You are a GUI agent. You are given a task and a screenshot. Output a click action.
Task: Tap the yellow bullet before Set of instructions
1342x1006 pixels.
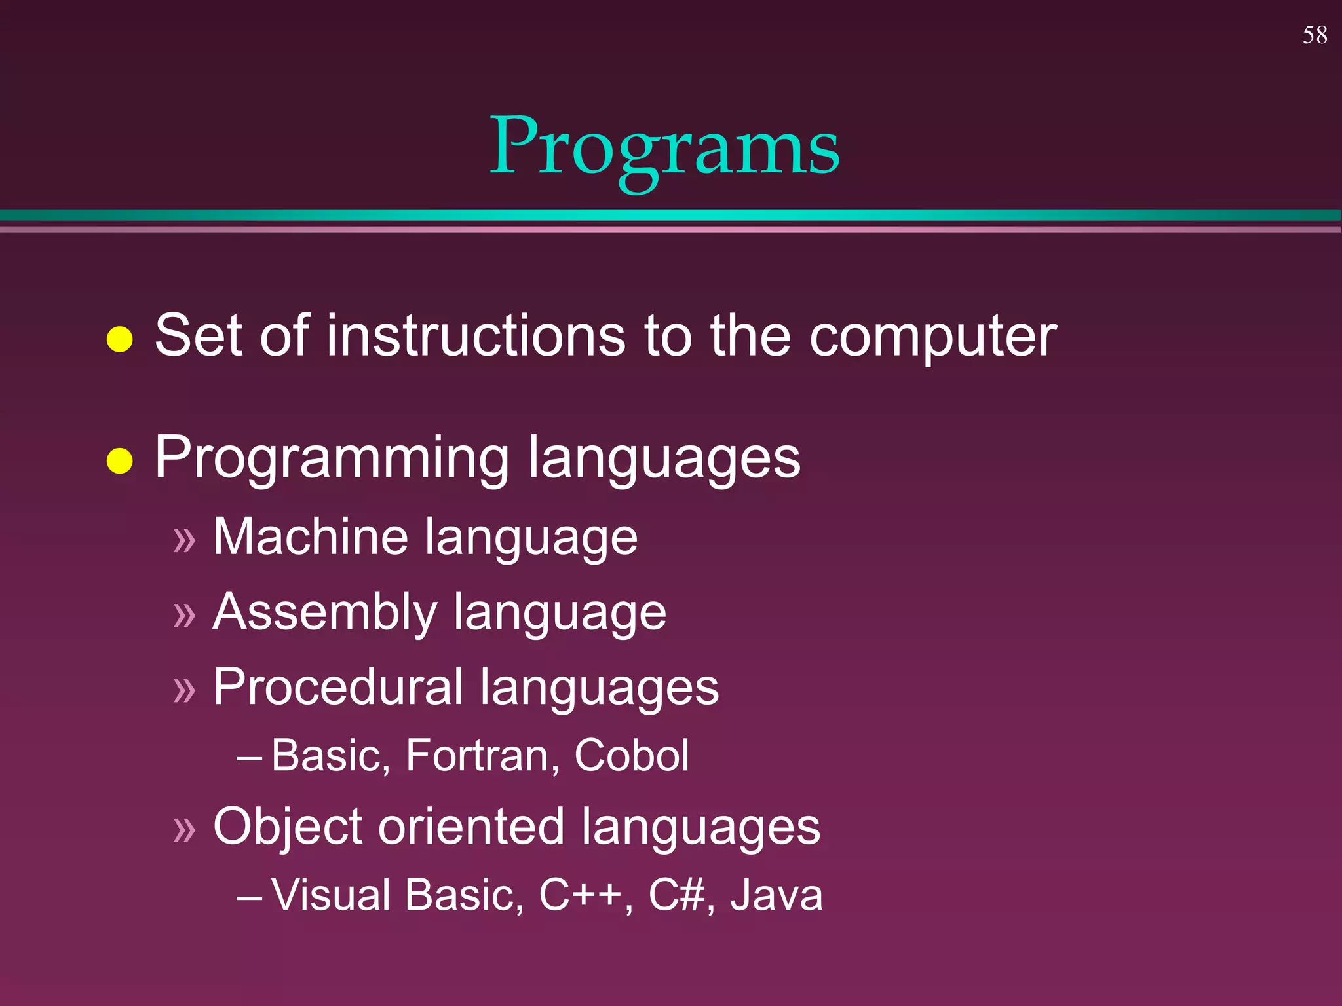(119, 339)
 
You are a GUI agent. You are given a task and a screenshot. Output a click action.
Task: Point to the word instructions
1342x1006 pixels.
(476, 335)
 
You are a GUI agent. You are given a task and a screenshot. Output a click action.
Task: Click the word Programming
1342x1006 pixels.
(332, 458)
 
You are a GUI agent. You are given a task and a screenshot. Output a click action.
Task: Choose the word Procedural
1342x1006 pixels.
(337, 687)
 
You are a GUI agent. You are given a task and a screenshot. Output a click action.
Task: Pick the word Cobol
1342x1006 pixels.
(631, 755)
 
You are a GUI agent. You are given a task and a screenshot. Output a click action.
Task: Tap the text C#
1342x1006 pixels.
(677, 895)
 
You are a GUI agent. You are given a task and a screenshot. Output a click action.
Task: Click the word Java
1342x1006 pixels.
(776, 895)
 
